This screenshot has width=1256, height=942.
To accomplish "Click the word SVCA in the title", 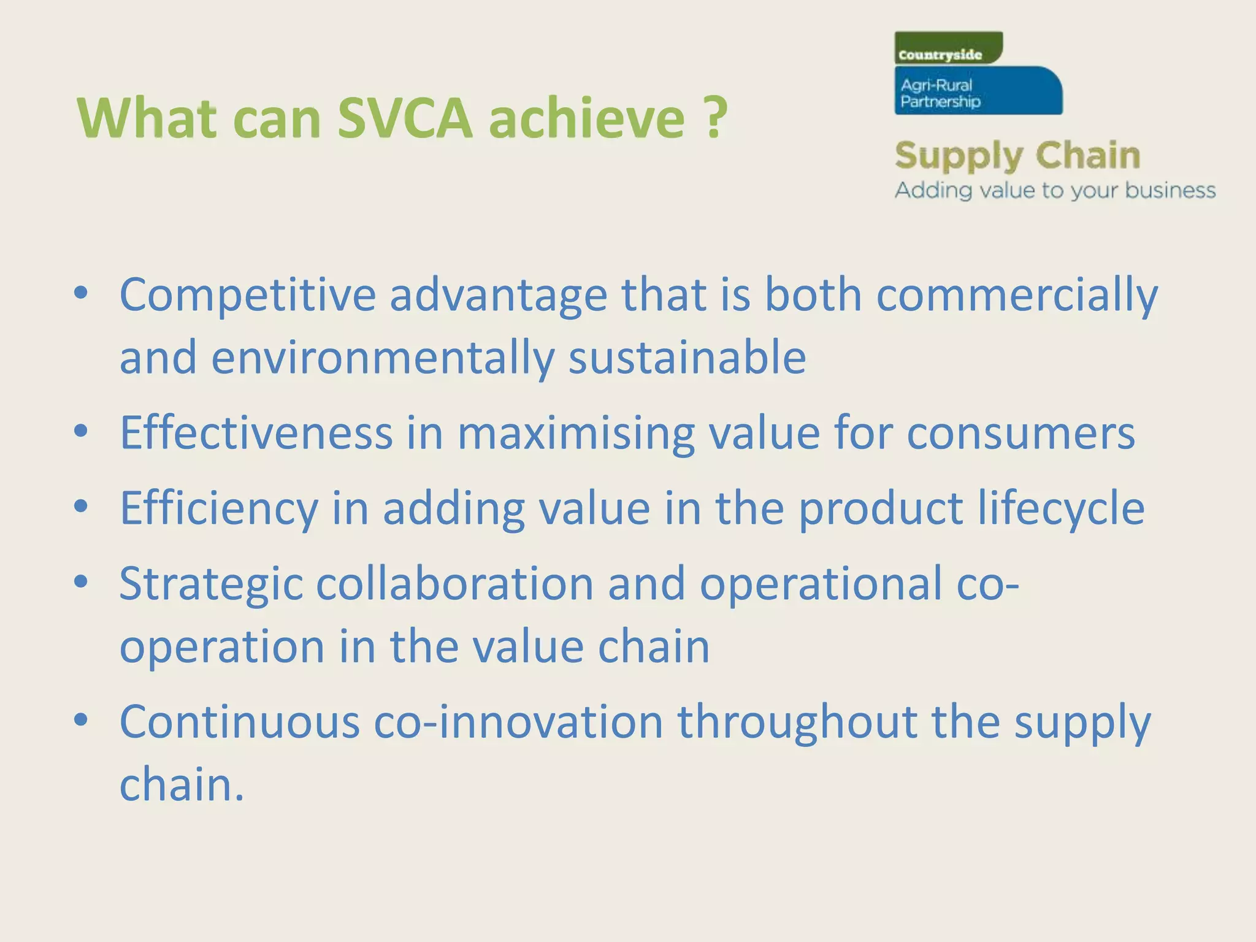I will (405, 118).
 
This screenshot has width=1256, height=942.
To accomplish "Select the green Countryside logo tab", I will (948, 48).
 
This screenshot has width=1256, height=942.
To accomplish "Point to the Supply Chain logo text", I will (1017, 156).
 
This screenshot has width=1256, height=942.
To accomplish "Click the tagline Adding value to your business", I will (1055, 191).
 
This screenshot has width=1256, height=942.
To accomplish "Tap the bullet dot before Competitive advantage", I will (81, 293).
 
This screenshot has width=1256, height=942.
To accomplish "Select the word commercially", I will (1017, 296).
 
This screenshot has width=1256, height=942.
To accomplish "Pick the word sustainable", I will (687, 358).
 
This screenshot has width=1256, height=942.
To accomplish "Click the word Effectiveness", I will (256, 433).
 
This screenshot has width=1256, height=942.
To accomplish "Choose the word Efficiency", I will (219, 509).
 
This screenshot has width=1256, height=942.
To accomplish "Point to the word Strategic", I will (211, 584).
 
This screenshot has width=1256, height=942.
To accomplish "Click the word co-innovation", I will (518, 722).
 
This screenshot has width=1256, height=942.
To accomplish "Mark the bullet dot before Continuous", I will (81, 719).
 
